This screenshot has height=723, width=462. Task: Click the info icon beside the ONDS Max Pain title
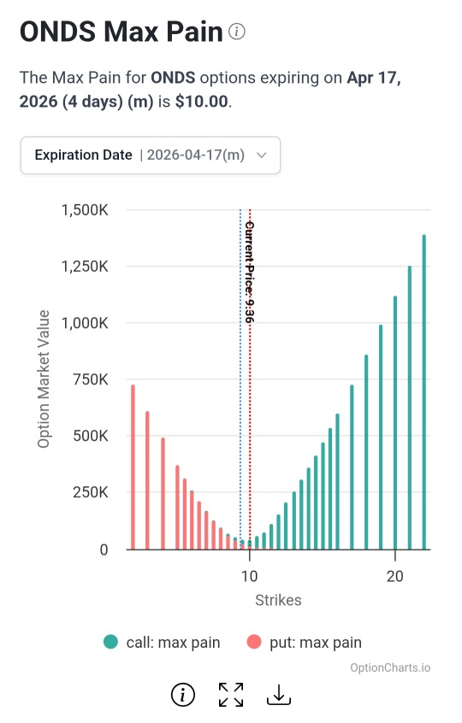coord(237,32)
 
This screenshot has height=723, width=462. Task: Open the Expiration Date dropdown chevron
coord(262,155)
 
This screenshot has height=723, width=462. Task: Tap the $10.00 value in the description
coord(202,101)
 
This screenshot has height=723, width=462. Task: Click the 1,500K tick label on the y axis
coord(85,210)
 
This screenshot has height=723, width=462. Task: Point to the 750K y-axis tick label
coord(91,379)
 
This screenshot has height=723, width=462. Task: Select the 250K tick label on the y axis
coord(91,492)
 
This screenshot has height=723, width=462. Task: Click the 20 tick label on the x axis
coord(395,576)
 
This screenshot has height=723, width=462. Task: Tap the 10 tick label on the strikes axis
coord(249,576)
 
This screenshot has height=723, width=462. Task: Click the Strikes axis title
coord(278,600)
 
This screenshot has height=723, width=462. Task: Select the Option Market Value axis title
coord(44,379)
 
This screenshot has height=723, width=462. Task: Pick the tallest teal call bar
coord(424,392)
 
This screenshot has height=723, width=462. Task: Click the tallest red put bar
coord(133,467)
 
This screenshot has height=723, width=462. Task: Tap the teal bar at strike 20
coord(395,423)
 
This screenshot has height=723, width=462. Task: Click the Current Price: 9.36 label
coord(250,272)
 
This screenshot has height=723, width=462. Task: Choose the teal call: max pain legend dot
coord(110,642)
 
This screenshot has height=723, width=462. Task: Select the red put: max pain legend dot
coord(254,642)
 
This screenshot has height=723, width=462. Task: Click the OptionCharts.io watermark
coord(390,667)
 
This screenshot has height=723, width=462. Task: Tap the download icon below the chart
coord(279,695)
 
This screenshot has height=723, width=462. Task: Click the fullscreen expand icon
coord(231,695)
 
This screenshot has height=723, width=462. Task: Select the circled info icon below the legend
coord(183,695)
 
